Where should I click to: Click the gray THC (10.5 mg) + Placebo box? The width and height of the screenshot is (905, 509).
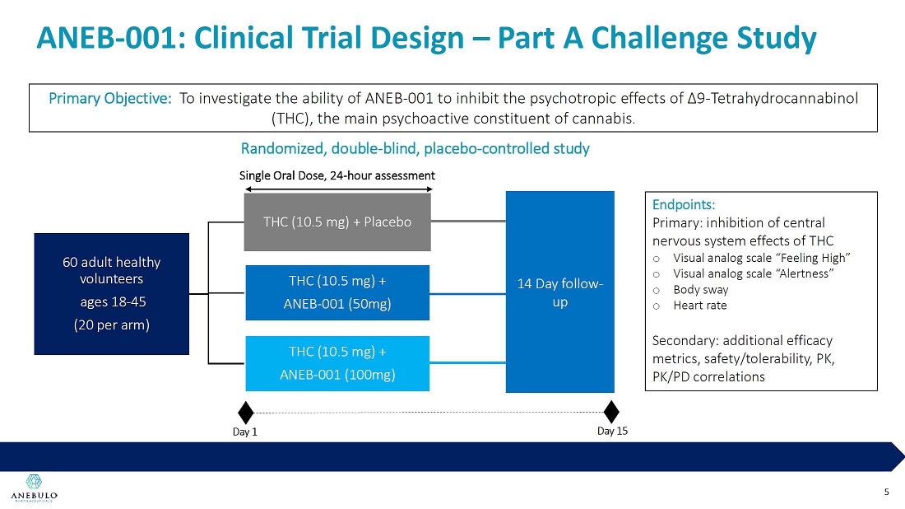[x=337, y=222]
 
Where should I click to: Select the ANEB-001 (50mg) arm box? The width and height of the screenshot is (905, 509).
[x=337, y=292]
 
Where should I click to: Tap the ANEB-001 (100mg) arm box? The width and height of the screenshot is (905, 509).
[x=337, y=363]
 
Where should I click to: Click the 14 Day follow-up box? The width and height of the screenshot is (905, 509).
[x=559, y=292]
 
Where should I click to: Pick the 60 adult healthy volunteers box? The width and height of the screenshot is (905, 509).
[x=112, y=293]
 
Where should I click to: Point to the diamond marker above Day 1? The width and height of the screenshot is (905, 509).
[x=245, y=412]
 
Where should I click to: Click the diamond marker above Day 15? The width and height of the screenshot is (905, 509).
[x=611, y=412]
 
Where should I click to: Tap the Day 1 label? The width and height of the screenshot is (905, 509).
[x=244, y=433]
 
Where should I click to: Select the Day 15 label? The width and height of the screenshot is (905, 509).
[x=611, y=431]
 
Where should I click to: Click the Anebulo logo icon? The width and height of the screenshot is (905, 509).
[x=34, y=481]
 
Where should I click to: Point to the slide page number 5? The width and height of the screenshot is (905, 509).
[x=886, y=492]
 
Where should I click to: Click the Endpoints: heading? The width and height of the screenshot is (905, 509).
[x=683, y=204]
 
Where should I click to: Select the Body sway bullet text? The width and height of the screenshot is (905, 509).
[x=700, y=289]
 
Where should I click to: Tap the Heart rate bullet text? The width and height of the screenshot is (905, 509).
[x=699, y=305]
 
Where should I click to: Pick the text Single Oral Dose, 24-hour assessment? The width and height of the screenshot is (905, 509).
[x=336, y=175]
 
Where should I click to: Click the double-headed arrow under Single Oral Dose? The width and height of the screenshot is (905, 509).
[x=337, y=187]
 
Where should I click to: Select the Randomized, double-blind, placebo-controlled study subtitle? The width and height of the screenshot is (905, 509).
[x=415, y=149]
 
